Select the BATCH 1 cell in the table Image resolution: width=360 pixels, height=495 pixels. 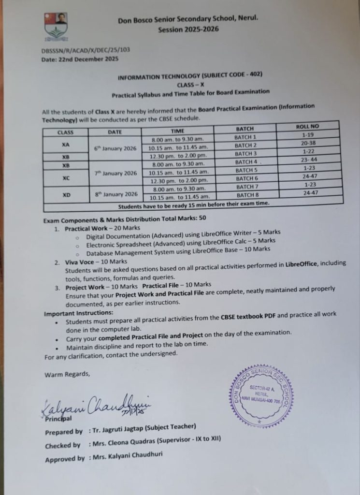point(245,137)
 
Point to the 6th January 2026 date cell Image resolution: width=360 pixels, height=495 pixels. point(115,148)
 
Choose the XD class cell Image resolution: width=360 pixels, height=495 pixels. point(66,196)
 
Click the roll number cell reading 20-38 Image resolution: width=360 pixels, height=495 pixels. point(308,144)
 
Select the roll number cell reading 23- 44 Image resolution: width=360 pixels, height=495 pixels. point(308,160)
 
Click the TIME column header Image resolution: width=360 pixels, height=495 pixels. point(178,131)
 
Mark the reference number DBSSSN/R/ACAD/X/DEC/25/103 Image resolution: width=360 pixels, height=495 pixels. point(86,50)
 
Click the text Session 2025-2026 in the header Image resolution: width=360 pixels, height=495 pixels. point(188,29)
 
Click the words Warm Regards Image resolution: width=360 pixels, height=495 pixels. point(67,374)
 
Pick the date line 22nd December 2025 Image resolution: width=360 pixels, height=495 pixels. point(80,59)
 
